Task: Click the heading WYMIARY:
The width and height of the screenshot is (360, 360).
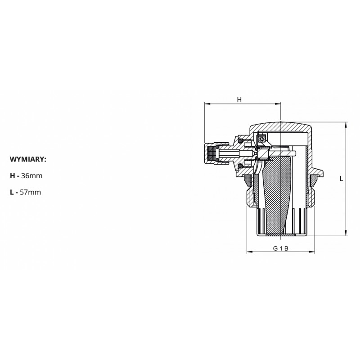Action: pos(28,159)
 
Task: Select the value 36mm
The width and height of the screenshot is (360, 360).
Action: pos(31,176)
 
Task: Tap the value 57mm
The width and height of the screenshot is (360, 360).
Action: pos(30,192)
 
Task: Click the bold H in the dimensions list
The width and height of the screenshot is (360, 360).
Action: pos(13,176)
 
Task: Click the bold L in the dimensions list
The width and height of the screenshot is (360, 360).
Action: pos(12,192)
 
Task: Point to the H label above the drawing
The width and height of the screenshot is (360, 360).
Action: pos(239,99)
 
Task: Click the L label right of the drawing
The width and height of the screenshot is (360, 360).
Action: pos(342,179)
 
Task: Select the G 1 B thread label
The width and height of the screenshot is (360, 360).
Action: pos(280,248)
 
